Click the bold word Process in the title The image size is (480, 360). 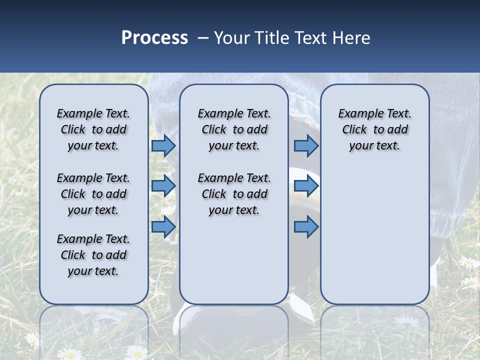pyautogui.click(x=154, y=38)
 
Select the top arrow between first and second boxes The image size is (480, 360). pyautogui.click(x=163, y=146)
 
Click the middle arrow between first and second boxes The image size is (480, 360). pyautogui.click(x=163, y=186)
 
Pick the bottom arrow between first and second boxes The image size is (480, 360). pyautogui.click(x=163, y=227)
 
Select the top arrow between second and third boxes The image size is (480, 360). pyautogui.click(x=306, y=146)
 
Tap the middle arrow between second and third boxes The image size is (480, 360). pyautogui.click(x=306, y=186)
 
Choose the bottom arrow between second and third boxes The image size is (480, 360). pyautogui.click(x=306, y=227)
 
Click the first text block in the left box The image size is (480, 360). pyautogui.click(x=93, y=129)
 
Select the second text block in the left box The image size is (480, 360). pyautogui.click(x=93, y=194)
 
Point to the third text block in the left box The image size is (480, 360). pyautogui.click(x=93, y=255)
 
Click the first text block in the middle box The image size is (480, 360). pyautogui.click(x=234, y=129)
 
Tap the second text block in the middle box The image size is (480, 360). pyautogui.click(x=234, y=194)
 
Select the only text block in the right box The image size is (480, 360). pyautogui.click(x=375, y=129)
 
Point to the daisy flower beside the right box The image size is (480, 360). pyautogui.click(x=469, y=262)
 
